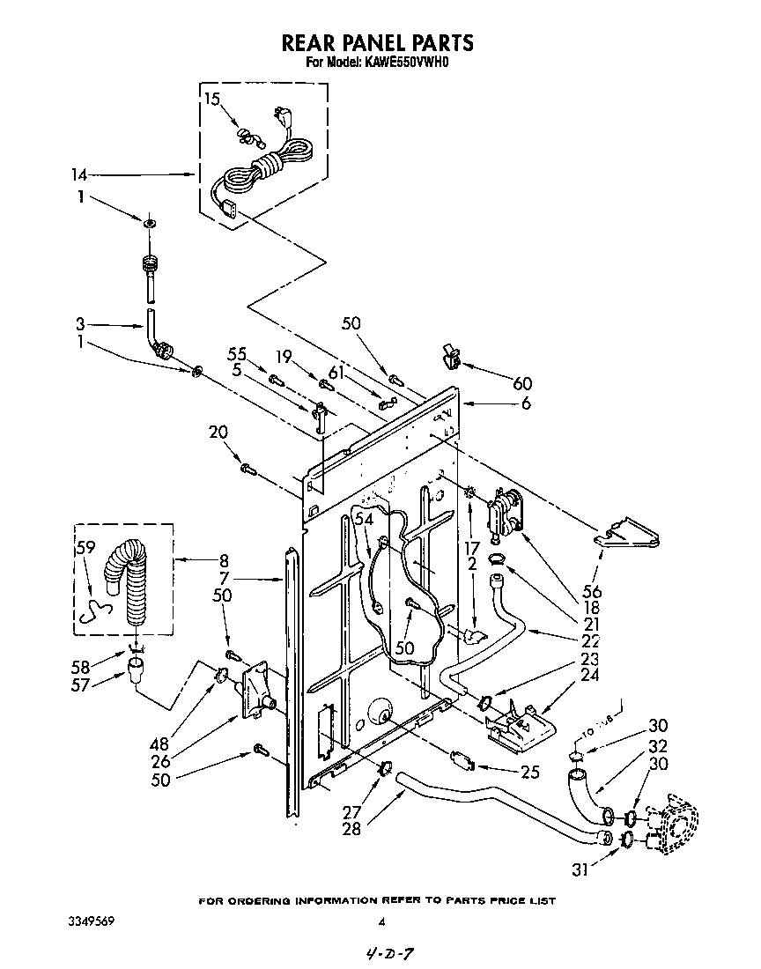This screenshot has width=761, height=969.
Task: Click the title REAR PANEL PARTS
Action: [377, 42]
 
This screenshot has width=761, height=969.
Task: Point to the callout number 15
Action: [212, 99]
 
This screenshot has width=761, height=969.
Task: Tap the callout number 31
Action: [580, 871]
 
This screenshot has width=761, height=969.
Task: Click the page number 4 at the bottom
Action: [381, 922]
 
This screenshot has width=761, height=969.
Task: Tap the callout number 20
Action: [218, 433]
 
